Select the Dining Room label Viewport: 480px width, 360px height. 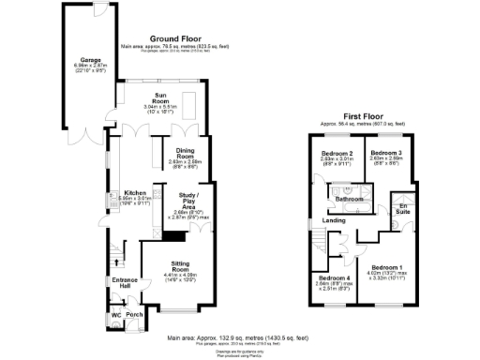184,154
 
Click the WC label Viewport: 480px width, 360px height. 117,314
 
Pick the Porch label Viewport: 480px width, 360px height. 134,314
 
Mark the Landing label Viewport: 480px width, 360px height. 333,221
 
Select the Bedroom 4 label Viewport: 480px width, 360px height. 335,278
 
